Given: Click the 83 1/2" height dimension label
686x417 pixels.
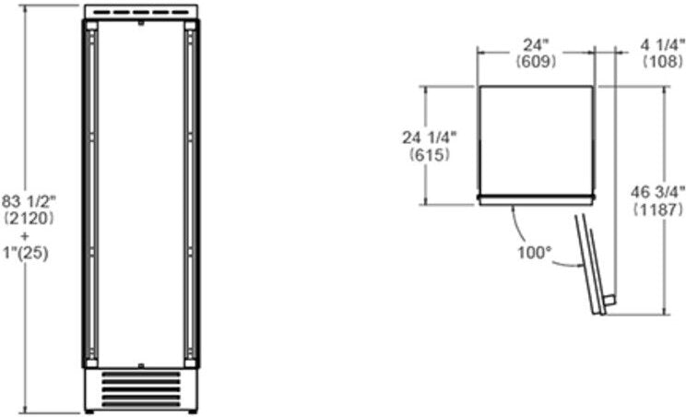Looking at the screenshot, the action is click(29, 202).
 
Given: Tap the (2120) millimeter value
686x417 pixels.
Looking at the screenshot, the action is click(29, 219).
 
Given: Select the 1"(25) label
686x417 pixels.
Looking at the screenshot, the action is click(26, 253).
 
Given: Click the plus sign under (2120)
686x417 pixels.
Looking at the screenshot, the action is click(25, 236).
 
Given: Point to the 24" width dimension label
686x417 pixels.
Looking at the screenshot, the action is click(536, 45).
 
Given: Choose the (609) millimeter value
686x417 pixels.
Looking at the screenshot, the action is click(536, 62).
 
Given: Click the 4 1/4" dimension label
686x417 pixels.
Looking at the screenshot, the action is click(662, 45).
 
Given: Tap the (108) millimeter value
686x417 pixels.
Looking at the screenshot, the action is click(662, 62).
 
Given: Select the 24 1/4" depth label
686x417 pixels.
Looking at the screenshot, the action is click(429, 137).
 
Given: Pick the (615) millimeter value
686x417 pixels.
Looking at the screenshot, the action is click(430, 154).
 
